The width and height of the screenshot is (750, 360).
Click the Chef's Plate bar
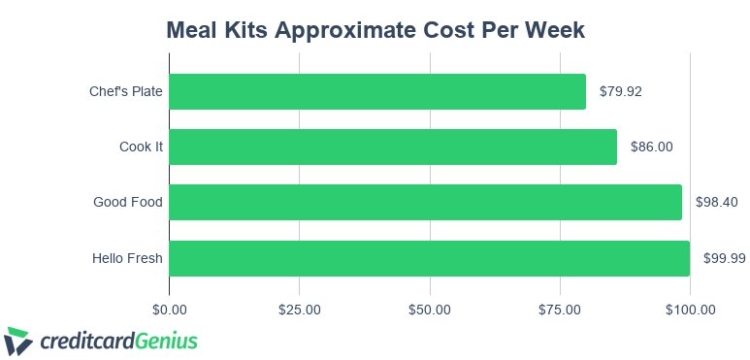pyautogui.click(x=377, y=91)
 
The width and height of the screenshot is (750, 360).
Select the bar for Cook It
pyautogui.click(x=393, y=147)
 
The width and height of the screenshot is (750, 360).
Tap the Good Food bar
pyautogui.click(x=425, y=202)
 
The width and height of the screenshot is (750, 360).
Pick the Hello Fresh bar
pyautogui.click(x=429, y=258)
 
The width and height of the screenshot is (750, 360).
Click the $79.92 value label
pyautogui.click(x=621, y=91)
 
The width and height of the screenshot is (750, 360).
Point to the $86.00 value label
pyautogui.click(x=651, y=147)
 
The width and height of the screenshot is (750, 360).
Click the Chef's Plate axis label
pyautogui.click(x=125, y=91)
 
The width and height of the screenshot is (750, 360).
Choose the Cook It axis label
pyautogui.click(x=141, y=147)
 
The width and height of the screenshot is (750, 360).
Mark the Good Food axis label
pyautogui.click(x=127, y=202)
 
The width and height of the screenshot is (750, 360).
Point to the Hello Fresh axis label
pyautogui.click(x=127, y=258)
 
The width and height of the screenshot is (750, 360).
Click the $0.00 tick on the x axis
pyautogui.click(x=169, y=310)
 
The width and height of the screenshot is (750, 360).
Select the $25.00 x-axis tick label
pyautogui.click(x=299, y=310)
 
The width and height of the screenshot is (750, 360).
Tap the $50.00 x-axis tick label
pyautogui.click(x=429, y=310)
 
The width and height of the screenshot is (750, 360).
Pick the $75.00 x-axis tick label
pyautogui.click(x=559, y=310)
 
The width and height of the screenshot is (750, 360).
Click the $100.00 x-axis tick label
pyautogui.click(x=689, y=310)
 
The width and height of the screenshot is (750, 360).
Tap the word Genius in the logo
pyautogui.click(x=166, y=341)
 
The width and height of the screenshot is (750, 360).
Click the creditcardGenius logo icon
pyautogui.click(x=18, y=341)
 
